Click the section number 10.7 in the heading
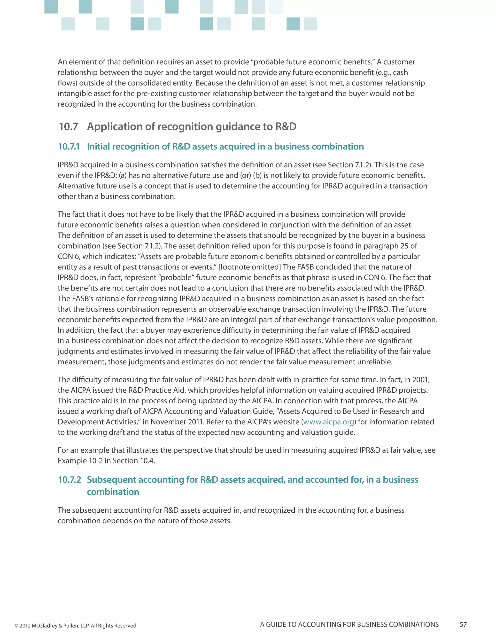pyautogui.click(x=69, y=127)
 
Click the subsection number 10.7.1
pyautogui.click(x=69, y=147)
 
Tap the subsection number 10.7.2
pyautogui.click(x=69, y=480)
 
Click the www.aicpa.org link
pyautogui.click(x=328, y=422)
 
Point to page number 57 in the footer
pyautogui.click(x=463, y=625)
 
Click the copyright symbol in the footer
pyautogui.click(x=16, y=626)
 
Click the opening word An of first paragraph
pyautogui.click(x=62, y=62)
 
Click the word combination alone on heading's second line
pyautogui.click(x=113, y=492)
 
